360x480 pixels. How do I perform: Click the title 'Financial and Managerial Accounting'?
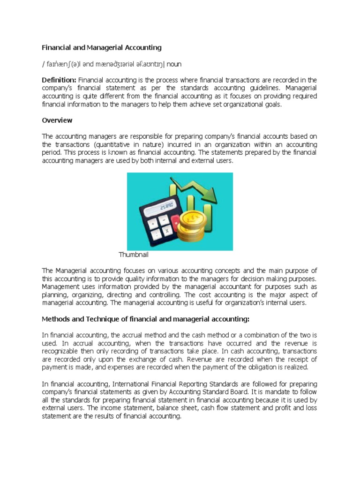coord(102,47)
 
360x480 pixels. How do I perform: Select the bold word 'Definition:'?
coord(60,80)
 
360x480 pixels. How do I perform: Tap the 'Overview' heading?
coord(57,120)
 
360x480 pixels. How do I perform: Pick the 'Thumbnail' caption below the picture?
coord(134,255)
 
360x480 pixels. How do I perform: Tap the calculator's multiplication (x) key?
coord(165,231)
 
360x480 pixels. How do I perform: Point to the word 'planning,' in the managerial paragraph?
coord(55,295)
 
